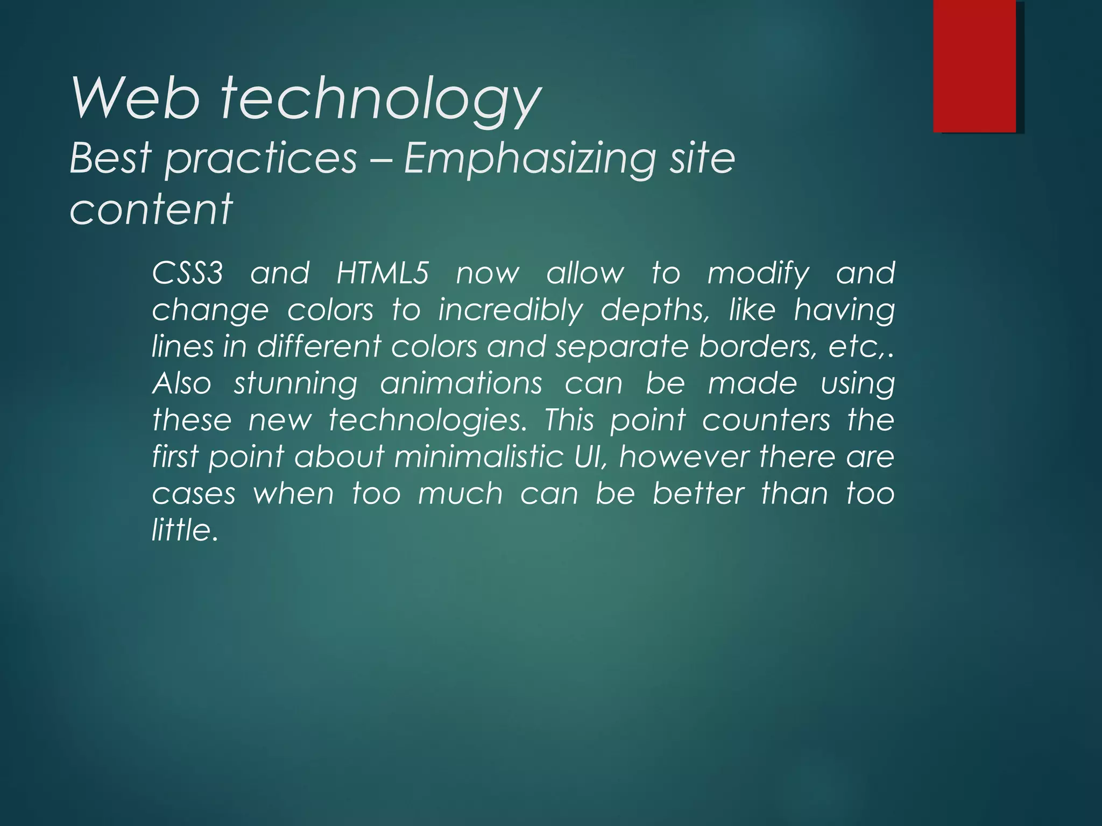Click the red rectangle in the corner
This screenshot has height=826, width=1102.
click(974, 66)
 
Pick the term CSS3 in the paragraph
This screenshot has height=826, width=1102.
click(187, 273)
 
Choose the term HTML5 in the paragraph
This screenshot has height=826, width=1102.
click(383, 273)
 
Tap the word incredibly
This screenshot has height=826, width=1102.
click(510, 310)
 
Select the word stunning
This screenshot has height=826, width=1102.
click(295, 384)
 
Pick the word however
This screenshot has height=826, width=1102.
click(684, 457)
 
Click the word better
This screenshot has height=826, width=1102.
click(698, 493)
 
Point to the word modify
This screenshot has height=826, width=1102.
click(758, 274)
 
